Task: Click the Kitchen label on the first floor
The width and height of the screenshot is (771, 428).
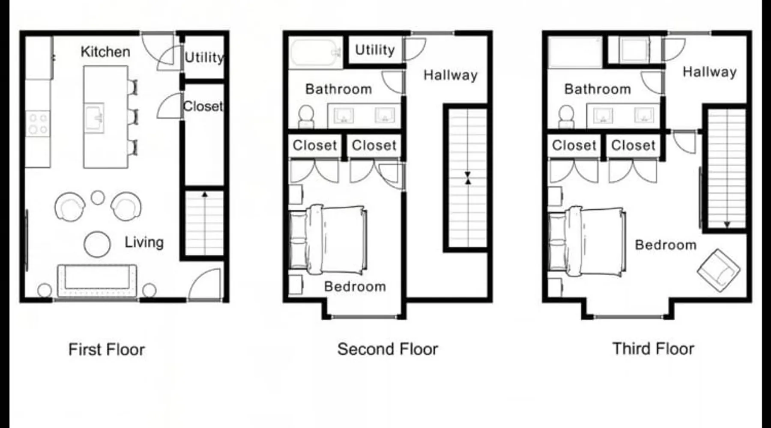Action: click(105, 52)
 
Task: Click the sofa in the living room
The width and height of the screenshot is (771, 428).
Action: click(97, 280)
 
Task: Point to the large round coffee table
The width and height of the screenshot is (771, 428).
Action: click(97, 244)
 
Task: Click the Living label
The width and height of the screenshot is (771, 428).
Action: click(144, 242)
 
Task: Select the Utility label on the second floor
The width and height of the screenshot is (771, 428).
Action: click(375, 50)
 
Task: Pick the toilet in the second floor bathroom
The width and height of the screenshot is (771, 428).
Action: click(306, 117)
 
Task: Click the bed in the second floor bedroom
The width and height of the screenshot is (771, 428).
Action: click(328, 240)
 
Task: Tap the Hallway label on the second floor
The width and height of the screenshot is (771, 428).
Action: click(451, 75)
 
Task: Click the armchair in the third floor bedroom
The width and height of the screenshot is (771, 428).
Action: click(718, 270)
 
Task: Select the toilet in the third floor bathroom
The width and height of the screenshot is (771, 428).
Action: click(566, 117)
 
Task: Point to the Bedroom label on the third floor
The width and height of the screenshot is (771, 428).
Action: click(666, 245)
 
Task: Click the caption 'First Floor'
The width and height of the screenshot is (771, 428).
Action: click(107, 350)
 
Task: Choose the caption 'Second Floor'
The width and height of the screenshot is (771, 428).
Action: click(388, 349)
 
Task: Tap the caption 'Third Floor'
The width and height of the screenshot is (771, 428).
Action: click(653, 349)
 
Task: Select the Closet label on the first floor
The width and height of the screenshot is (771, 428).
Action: click(203, 106)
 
